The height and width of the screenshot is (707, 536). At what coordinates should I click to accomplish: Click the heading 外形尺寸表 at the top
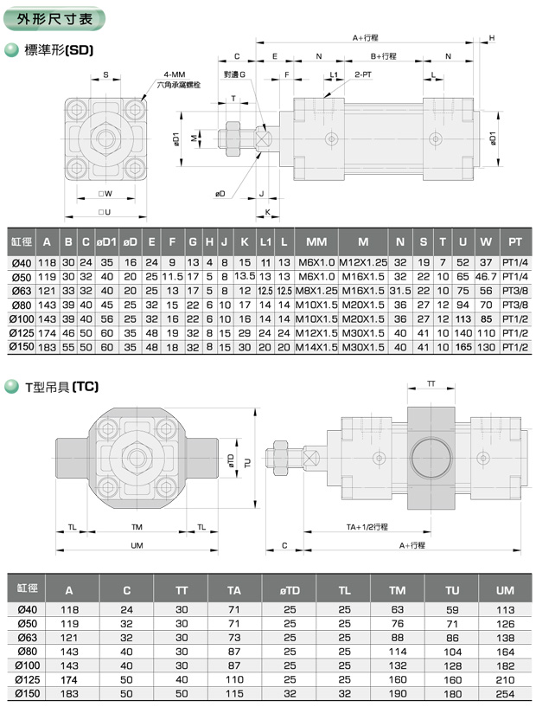(x=54, y=19)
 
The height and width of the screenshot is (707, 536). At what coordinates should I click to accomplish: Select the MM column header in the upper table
(x=316, y=242)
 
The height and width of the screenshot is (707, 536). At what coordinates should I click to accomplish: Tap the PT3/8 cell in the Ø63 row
(x=515, y=291)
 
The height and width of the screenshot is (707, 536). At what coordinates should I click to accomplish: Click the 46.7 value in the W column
(x=486, y=276)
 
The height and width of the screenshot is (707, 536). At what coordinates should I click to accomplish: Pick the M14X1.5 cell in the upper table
(x=316, y=347)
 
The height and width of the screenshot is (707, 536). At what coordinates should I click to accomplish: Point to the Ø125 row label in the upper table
(x=21, y=333)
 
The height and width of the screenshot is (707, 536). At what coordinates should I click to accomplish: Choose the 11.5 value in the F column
(x=172, y=276)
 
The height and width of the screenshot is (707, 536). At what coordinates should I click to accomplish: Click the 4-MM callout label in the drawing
(x=175, y=74)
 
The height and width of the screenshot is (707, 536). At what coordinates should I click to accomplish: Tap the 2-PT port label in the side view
(x=363, y=74)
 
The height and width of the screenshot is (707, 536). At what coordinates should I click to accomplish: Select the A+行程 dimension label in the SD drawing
(x=366, y=38)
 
